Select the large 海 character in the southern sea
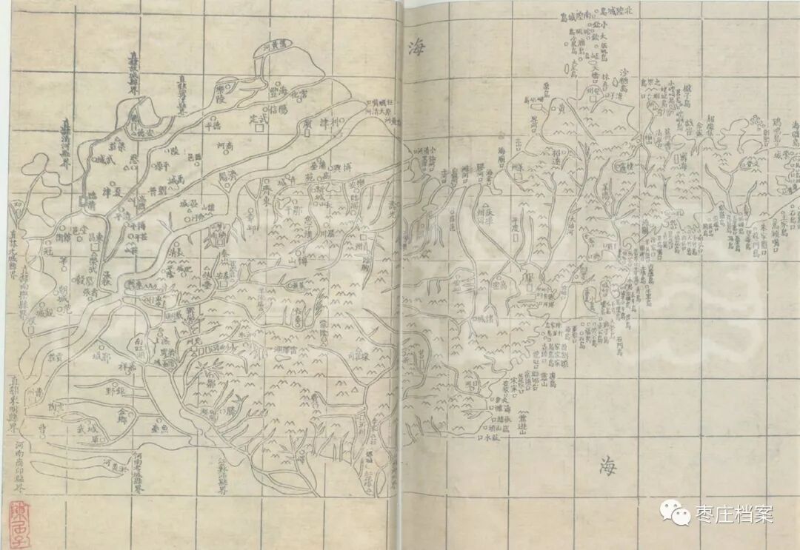(x=607, y=466)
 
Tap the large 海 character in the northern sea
(x=413, y=48)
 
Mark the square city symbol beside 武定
(x=259, y=128)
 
